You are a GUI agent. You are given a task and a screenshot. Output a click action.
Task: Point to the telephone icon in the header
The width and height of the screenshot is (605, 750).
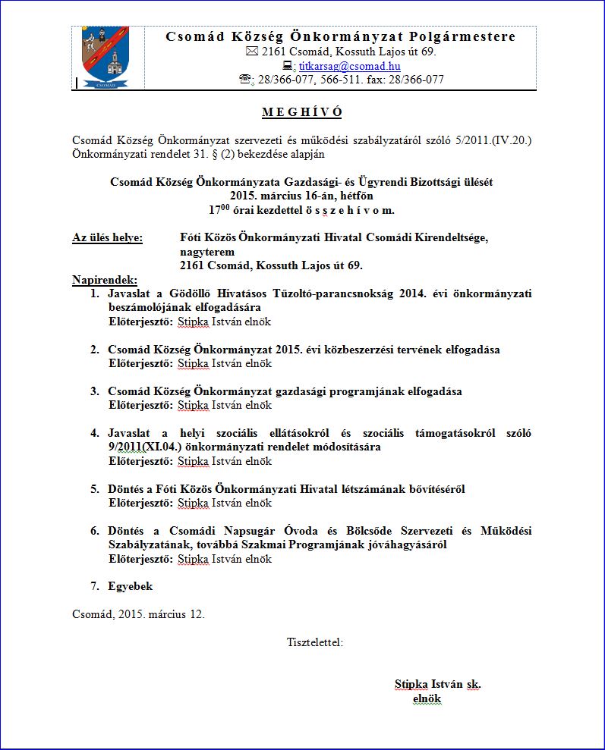pyautogui.click(x=245, y=80)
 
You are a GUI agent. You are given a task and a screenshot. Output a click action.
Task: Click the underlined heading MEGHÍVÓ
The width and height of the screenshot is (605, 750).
pyautogui.click(x=302, y=113)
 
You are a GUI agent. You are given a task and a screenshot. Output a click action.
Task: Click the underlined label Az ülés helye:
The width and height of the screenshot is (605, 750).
pyautogui.click(x=107, y=238)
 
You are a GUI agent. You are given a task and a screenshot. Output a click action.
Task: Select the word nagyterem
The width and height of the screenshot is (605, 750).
pyautogui.click(x=207, y=252)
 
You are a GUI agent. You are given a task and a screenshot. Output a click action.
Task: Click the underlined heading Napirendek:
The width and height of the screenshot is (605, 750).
pyautogui.click(x=105, y=280)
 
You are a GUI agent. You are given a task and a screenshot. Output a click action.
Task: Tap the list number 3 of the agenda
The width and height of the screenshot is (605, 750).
pyautogui.click(x=95, y=391)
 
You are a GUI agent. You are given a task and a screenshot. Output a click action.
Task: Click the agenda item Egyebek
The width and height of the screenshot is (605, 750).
pyautogui.click(x=130, y=586)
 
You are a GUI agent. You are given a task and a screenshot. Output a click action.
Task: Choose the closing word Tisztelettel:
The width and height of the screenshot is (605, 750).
pyautogui.click(x=315, y=642)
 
